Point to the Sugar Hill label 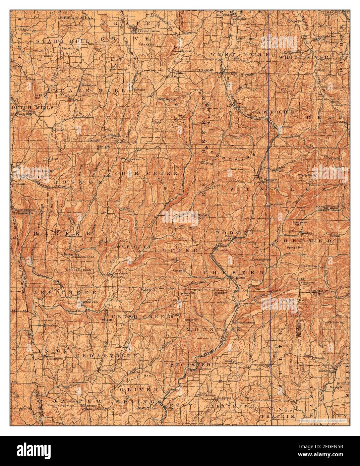(38, 96)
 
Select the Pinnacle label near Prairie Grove (147, 45)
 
